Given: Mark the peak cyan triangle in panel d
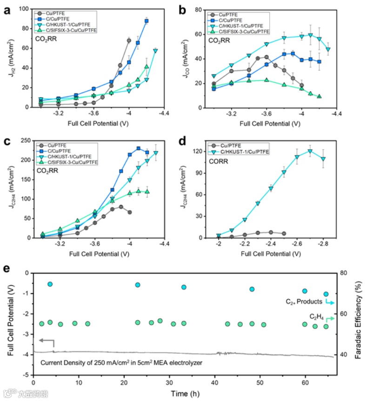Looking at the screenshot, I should (310, 151).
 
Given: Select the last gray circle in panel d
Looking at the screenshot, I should (284, 233).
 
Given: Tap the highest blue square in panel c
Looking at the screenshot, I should (138, 149).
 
